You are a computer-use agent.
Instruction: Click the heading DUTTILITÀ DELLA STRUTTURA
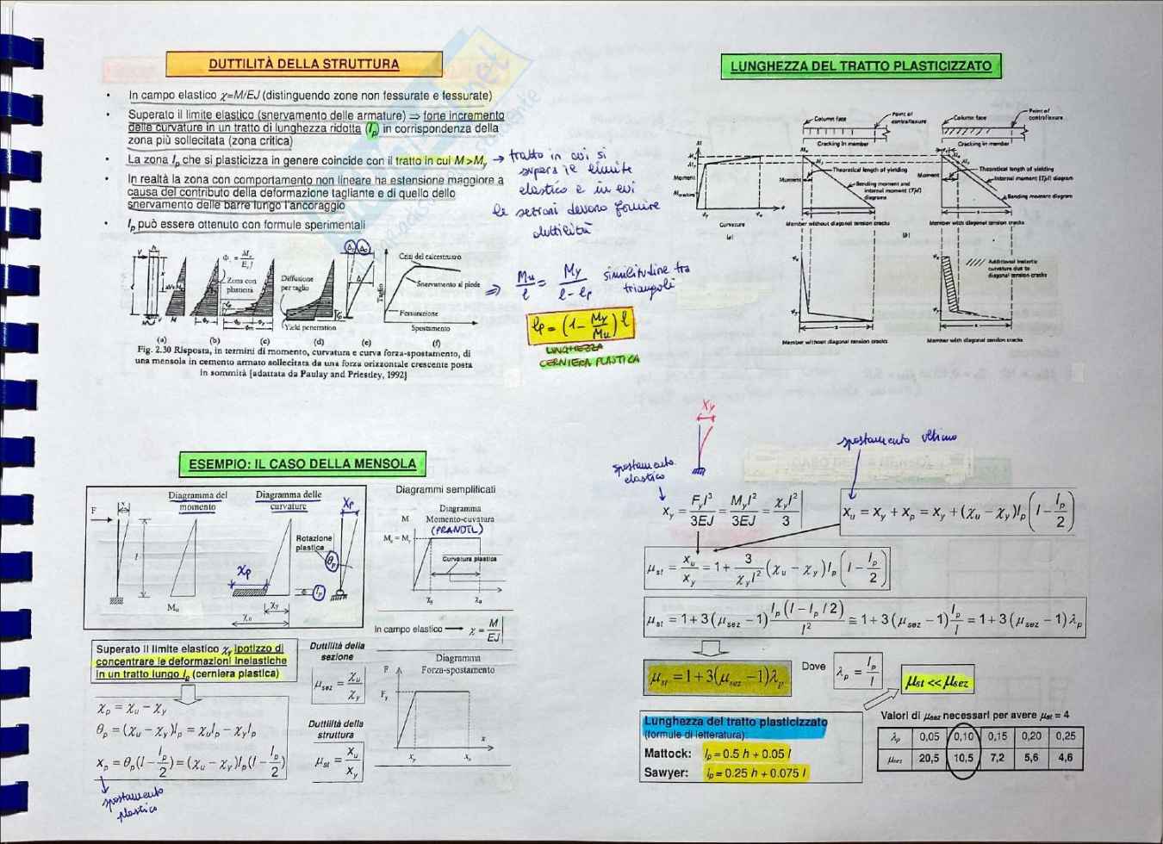click(x=303, y=64)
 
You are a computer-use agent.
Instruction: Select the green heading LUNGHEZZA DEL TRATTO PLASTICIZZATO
click(x=861, y=65)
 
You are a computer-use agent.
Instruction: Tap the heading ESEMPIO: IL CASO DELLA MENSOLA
click(x=302, y=464)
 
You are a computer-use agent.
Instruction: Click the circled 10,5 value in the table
click(x=962, y=758)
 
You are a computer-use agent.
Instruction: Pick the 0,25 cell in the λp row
click(x=1065, y=736)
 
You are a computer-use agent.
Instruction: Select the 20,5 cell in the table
click(x=929, y=758)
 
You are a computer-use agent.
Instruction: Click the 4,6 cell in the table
click(x=1065, y=758)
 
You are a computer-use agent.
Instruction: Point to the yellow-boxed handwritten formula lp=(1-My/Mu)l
click(x=580, y=326)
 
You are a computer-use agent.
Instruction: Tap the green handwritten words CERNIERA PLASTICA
click(x=589, y=361)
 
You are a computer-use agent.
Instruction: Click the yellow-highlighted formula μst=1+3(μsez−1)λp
click(x=716, y=677)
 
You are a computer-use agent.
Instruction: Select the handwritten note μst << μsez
click(x=936, y=682)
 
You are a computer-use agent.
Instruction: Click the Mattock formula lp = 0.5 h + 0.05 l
click(x=746, y=754)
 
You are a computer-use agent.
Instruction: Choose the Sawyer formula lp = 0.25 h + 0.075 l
click(x=752, y=773)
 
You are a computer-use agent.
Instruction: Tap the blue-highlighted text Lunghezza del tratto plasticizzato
click(x=735, y=722)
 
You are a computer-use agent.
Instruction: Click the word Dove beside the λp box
click(x=813, y=666)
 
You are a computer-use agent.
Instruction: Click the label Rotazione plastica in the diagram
click(x=314, y=543)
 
